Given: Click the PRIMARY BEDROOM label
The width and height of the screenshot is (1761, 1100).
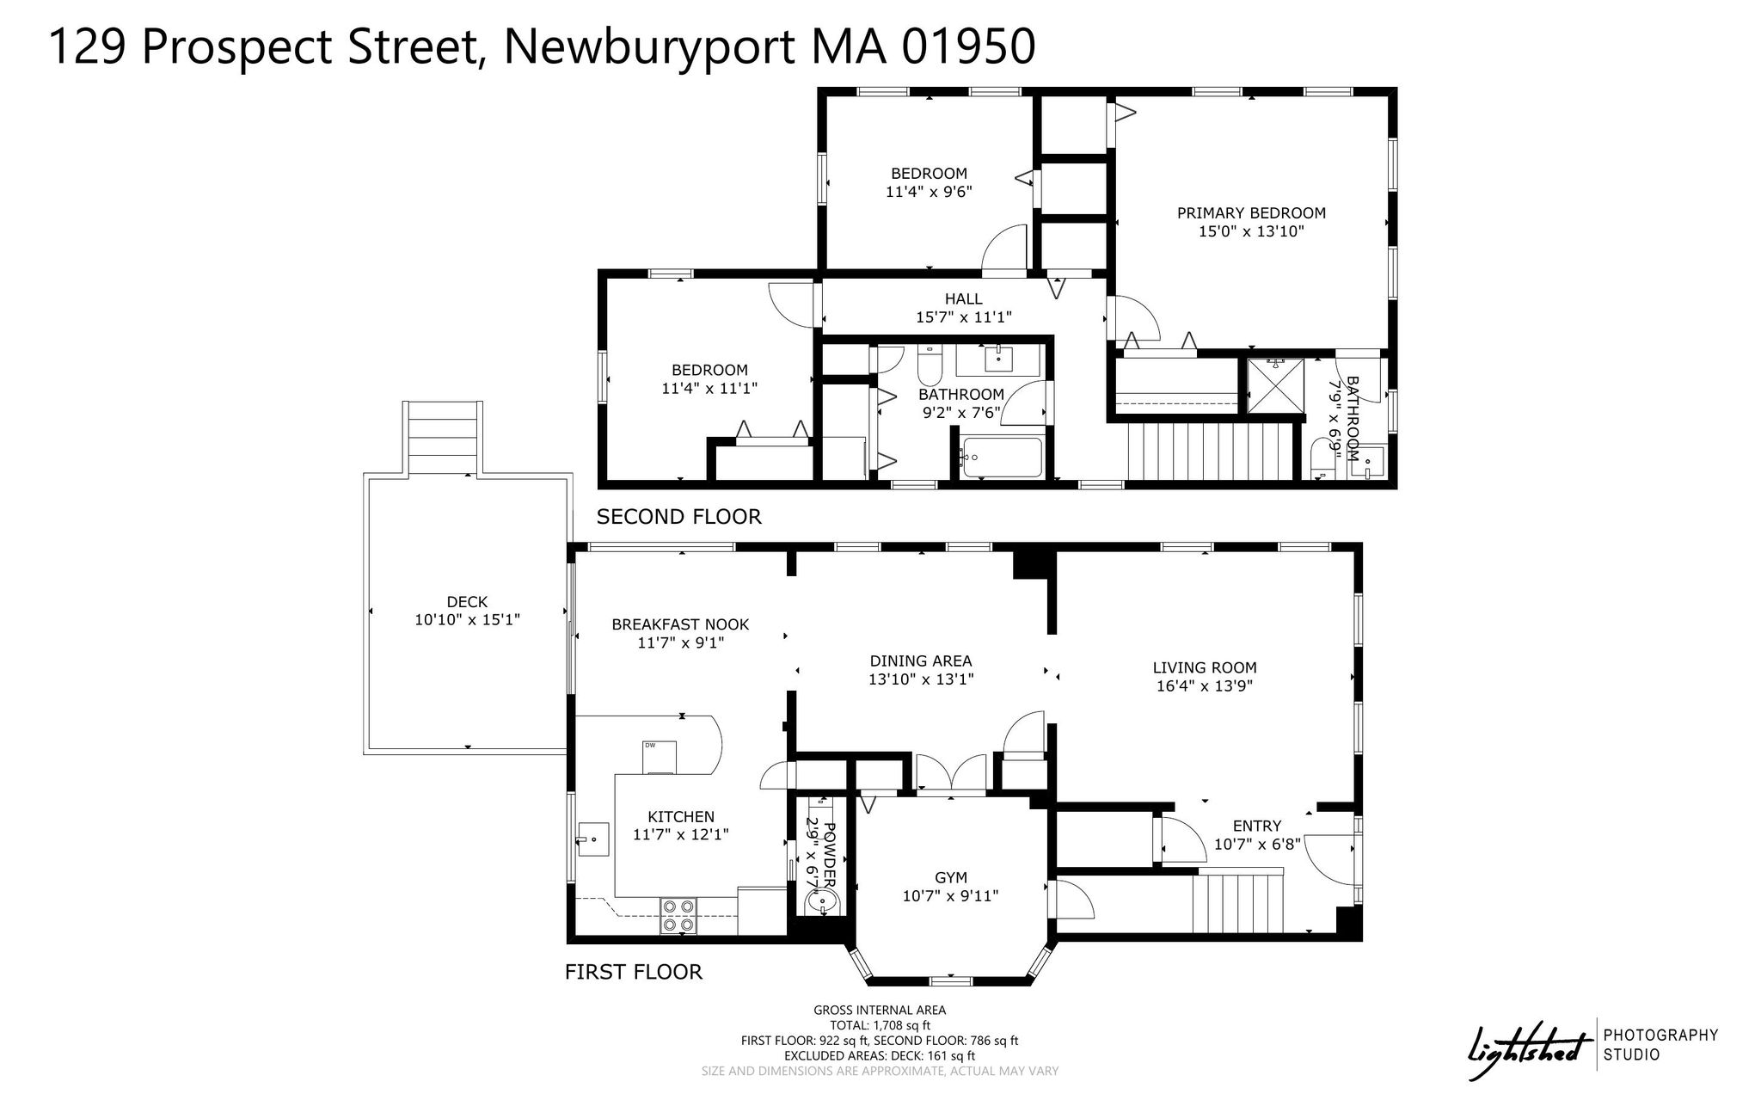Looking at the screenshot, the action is point(1251,213).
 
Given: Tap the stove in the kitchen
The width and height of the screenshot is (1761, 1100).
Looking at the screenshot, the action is point(678,916).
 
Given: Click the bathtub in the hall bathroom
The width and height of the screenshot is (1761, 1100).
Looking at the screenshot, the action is point(1002,458).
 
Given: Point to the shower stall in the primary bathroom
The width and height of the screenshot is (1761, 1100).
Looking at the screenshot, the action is point(1276,386).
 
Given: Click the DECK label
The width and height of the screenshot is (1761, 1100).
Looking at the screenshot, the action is point(467,602).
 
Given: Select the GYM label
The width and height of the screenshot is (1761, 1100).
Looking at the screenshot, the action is point(951,877).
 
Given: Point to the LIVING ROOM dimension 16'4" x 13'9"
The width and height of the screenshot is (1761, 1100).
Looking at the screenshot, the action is point(1205,686).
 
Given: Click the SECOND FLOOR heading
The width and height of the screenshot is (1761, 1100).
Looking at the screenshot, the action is point(679,516).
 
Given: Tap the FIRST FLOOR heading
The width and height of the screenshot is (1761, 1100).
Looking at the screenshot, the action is point(634,972).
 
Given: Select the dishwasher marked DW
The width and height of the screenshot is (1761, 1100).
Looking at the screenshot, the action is point(660,757).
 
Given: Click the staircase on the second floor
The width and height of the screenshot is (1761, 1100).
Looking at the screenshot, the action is point(1211,452).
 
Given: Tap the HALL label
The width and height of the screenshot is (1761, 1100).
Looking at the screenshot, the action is point(963,298).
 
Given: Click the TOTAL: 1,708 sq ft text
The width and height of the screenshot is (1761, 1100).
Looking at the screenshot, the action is point(880,1025).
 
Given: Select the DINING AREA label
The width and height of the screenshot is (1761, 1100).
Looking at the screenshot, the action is point(921,661).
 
